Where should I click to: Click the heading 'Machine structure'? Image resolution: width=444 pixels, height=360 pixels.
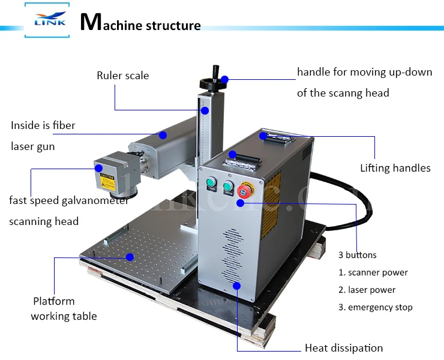pyautogui.click(x=141, y=24)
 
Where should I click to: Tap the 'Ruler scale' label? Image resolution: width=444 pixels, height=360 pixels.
pyautogui.click(x=122, y=76)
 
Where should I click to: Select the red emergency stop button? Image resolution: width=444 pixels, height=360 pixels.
pyautogui.click(x=245, y=191)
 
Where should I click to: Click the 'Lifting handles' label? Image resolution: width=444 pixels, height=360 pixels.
pyautogui.click(x=395, y=168)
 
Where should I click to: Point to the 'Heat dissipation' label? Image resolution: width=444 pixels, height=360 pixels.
pyautogui.click(x=343, y=348)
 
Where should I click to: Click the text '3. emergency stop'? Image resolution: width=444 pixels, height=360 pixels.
pyautogui.click(x=375, y=307)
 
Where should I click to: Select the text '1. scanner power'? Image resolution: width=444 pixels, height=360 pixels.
pyautogui.click(x=373, y=272)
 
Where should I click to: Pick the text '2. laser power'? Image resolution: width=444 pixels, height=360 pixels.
pyautogui.click(x=367, y=290)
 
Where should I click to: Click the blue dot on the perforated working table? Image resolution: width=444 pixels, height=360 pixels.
pyautogui.click(x=130, y=256)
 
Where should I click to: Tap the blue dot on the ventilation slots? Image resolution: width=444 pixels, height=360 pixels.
pyautogui.click(x=237, y=285)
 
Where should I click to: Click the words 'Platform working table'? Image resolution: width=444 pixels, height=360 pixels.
pyautogui.click(x=64, y=308)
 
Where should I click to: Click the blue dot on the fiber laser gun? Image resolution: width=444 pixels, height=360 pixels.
pyautogui.click(x=162, y=135)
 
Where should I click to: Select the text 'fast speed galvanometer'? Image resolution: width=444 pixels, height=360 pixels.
pyautogui.click(x=68, y=200)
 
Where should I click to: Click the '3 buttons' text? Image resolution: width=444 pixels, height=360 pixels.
pyautogui.click(x=358, y=255)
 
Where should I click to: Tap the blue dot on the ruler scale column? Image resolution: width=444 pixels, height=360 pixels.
pyautogui.click(x=205, y=110)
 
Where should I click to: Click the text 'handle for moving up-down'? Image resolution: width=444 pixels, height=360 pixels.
pyautogui.click(x=364, y=72)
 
